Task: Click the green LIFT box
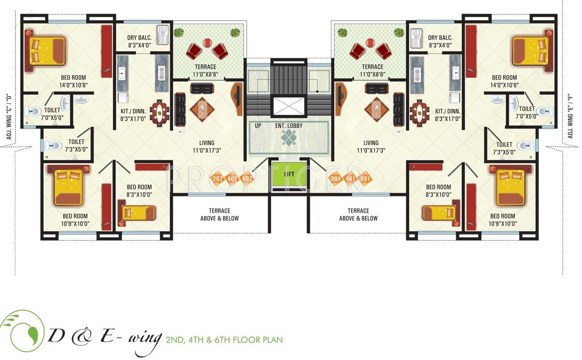[x=289, y=175]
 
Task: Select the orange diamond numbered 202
[x=218, y=178]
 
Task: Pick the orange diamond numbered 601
[x=365, y=178]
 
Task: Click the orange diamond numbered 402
[x=233, y=178]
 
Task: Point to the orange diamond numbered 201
[x=335, y=178]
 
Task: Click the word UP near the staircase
[x=258, y=125]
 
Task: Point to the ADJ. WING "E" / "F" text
[x=570, y=117]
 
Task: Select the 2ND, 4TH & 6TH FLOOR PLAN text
[x=224, y=340]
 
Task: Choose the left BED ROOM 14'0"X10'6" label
[x=74, y=81]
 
